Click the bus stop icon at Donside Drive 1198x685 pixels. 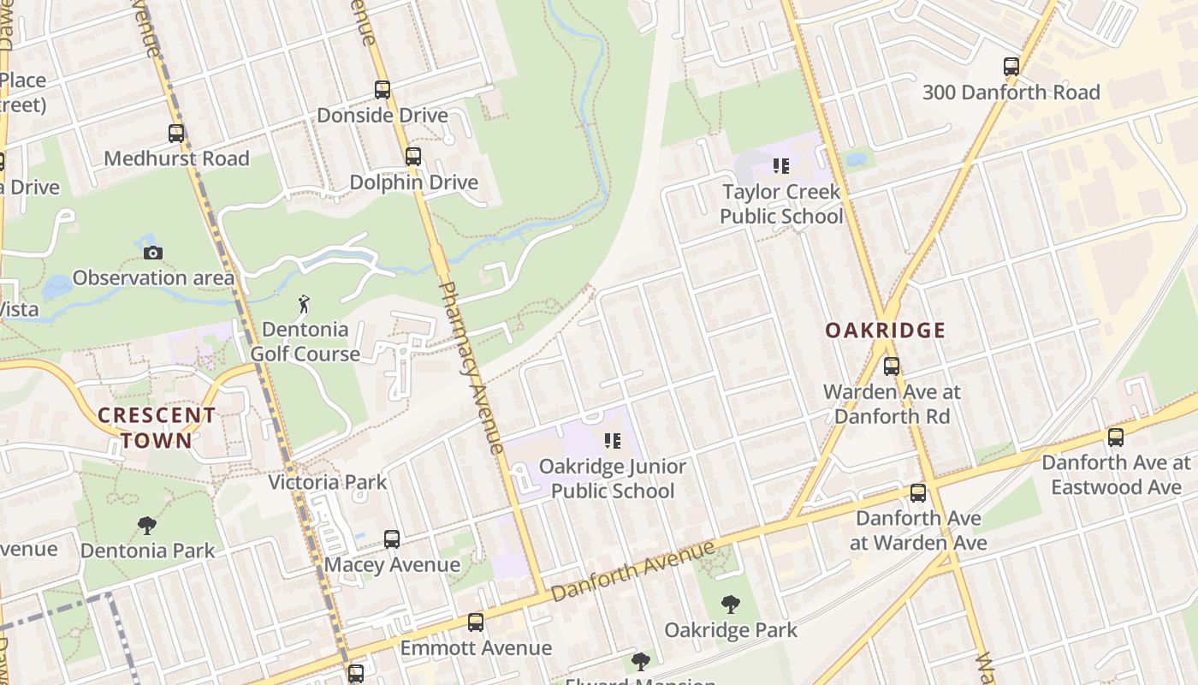(x=383, y=89)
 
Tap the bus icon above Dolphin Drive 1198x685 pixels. (x=413, y=157)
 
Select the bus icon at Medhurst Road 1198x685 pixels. (x=176, y=134)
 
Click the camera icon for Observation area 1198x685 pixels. (x=153, y=253)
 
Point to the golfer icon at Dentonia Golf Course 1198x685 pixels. (x=304, y=304)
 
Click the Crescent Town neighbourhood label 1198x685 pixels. (x=156, y=428)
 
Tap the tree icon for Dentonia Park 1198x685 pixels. (x=147, y=525)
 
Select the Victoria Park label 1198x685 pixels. (x=328, y=482)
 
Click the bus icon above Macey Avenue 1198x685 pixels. (x=392, y=539)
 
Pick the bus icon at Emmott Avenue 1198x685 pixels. (x=476, y=622)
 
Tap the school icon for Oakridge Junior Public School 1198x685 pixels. (x=613, y=441)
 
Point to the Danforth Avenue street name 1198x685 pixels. (x=632, y=571)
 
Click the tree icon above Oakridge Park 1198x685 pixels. (x=731, y=605)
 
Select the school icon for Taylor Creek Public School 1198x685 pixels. (x=780, y=166)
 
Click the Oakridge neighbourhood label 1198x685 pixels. (x=886, y=331)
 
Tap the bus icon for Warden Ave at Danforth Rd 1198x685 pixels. (x=892, y=366)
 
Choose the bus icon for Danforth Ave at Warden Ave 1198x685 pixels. (x=918, y=493)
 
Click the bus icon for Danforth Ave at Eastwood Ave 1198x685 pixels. (x=1116, y=438)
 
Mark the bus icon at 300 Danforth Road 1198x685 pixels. (x=1011, y=67)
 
